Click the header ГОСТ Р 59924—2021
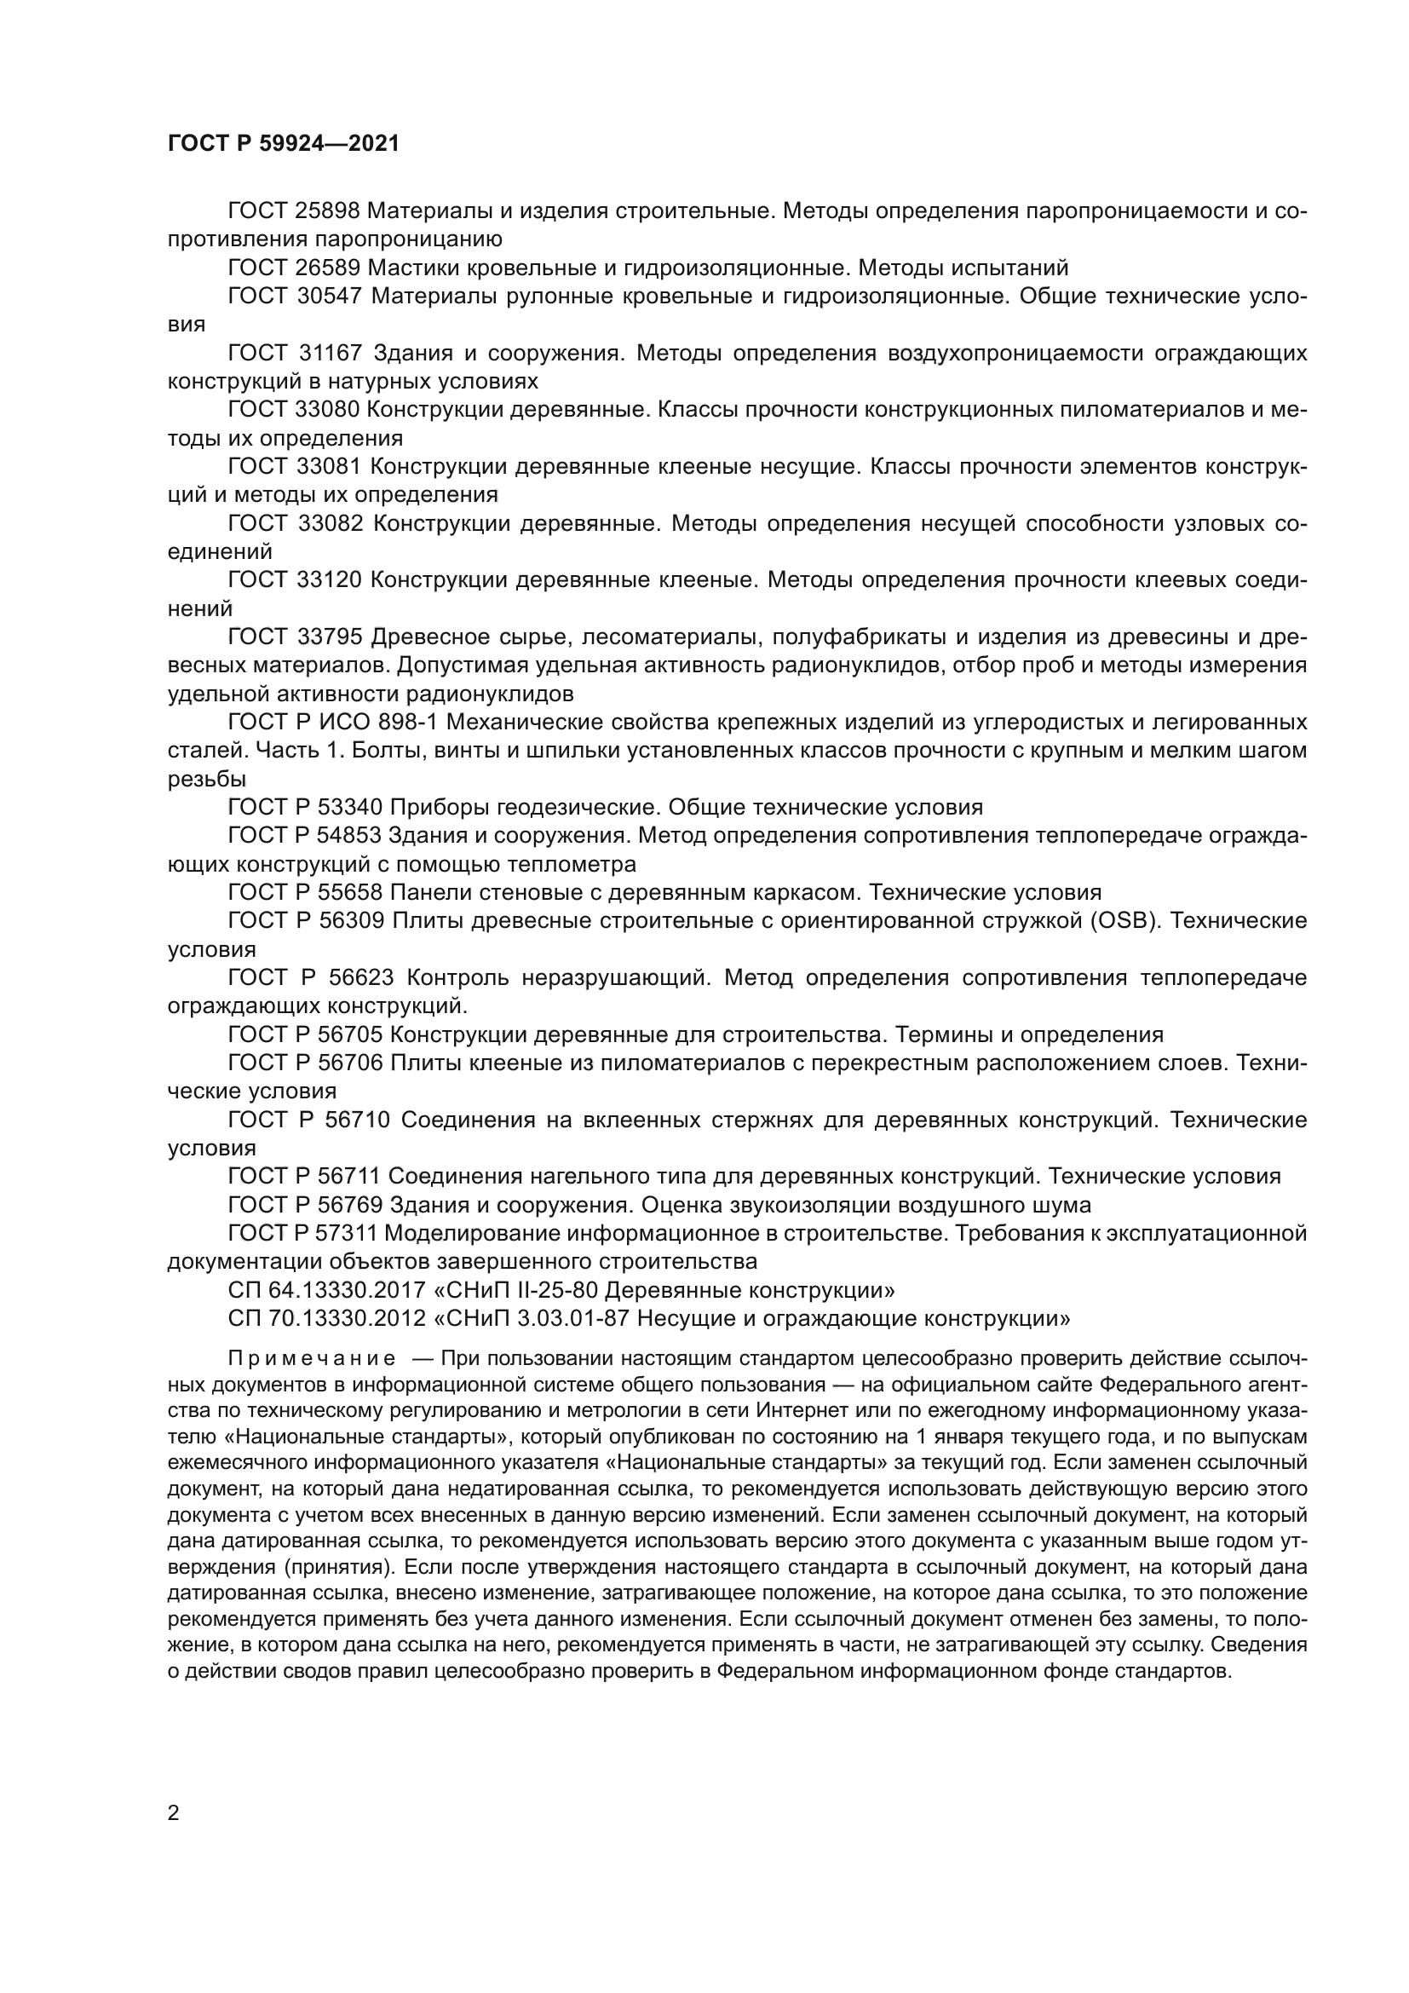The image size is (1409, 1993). (283, 144)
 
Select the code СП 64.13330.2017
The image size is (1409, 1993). (326, 1289)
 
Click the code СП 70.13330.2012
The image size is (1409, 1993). (326, 1318)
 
